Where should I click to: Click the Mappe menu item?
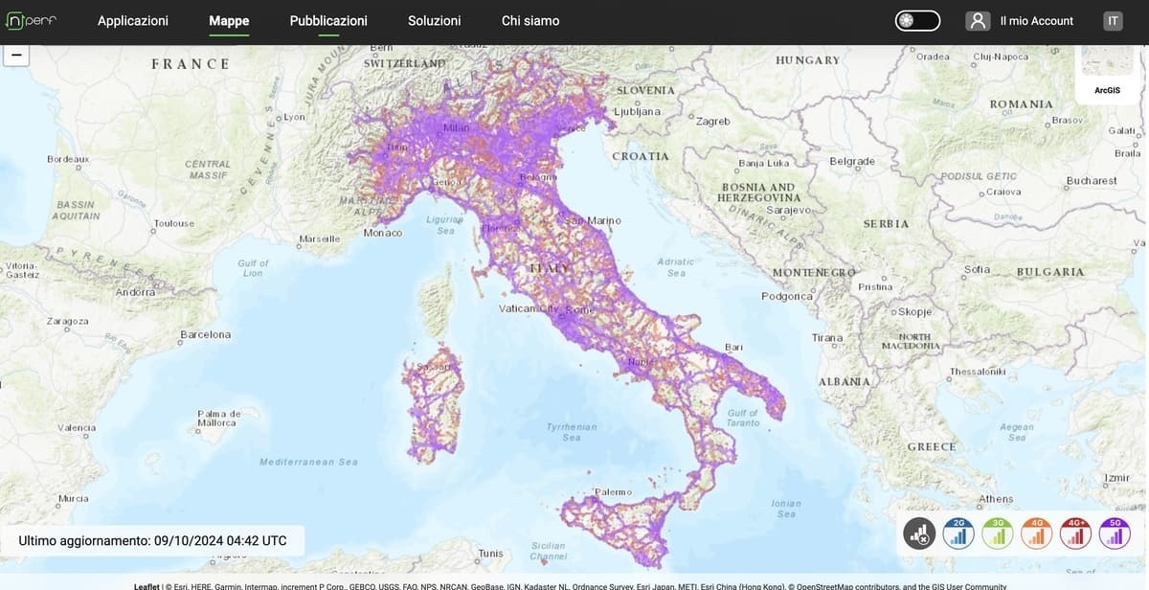229,20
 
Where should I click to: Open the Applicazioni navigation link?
133,20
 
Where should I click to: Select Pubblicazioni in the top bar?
328,20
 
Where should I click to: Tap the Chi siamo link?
530,20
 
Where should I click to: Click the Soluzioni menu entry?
434,20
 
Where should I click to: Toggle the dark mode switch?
917,20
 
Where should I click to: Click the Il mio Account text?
1036,20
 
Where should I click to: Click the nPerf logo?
32,20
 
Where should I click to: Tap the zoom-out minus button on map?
16,55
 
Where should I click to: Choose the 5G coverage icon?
1115,533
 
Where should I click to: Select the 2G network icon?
958,533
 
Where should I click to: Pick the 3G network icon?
998,533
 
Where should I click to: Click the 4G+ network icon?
1076,533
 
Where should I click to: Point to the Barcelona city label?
206,334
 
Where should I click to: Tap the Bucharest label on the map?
1092,180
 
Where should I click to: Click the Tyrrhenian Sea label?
572,432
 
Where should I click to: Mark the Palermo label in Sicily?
613,491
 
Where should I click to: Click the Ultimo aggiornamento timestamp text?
152,540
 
